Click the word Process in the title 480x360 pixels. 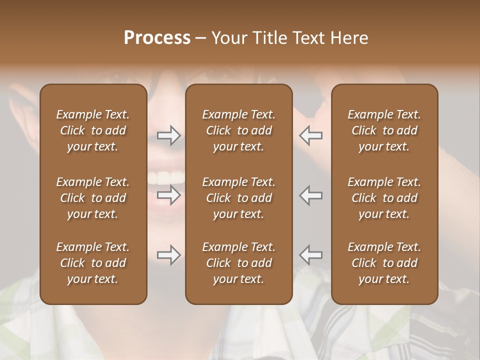(x=157, y=38)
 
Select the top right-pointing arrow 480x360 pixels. (x=168, y=135)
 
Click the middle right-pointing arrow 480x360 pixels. (x=168, y=195)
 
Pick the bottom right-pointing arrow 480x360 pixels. (x=168, y=255)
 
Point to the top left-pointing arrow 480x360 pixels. (x=311, y=135)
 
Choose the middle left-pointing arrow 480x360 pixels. (x=311, y=195)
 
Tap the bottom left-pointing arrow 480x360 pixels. (x=311, y=255)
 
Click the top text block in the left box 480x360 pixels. (x=93, y=130)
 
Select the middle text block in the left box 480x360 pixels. (x=93, y=198)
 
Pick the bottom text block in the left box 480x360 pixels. (x=93, y=263)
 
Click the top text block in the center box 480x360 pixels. (x=238, y=130)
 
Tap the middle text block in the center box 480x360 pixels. (x=238, y=198)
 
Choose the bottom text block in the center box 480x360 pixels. (x=238, y=263)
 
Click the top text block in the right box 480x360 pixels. (x=384, y=130)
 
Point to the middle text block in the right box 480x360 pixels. (x=384, y=198)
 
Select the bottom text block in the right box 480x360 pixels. (x=384, y=263)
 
